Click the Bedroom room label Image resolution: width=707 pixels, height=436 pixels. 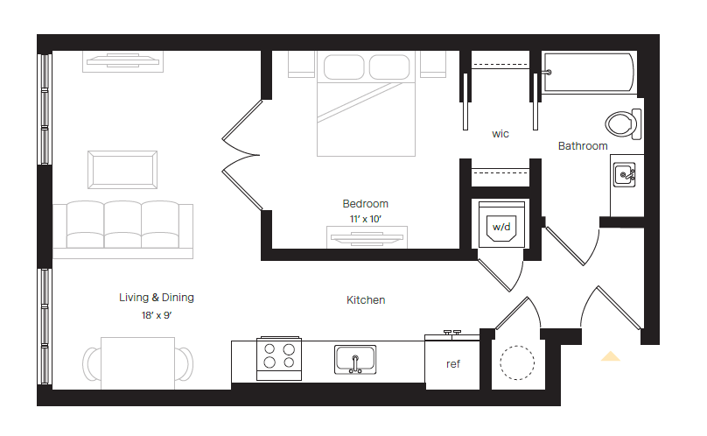click(x=365, y=204)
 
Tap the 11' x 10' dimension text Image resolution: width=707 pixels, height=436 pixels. click(x=365, y=219)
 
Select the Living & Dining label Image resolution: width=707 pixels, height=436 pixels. click(x=157, y=298)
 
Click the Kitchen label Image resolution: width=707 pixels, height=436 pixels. click(x=366, y=300)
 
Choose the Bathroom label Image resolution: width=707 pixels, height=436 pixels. click(x=583, y=146)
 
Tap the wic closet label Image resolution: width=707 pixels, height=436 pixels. click(x=500, y=134)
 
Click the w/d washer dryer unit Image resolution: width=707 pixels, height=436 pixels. click(x=500, y=227)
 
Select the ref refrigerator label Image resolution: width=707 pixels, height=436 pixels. click(x=453, y=364)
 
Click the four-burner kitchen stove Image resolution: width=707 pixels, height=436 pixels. click(x=278, y=359)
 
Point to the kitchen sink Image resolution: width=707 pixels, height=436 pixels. click(x=355, y=359)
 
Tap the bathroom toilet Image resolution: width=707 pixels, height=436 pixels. click(x=623, y=123)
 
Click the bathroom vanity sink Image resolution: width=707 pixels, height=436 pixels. click(x=626, y=175)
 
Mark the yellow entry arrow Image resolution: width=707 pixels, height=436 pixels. click(x=610, y=356)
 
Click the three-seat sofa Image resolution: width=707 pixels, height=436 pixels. click(x=122, y=229)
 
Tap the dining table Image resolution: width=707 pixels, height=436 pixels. click(x=137, y=362)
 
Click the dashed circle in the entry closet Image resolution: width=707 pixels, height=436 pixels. click(x=516, y=362)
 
